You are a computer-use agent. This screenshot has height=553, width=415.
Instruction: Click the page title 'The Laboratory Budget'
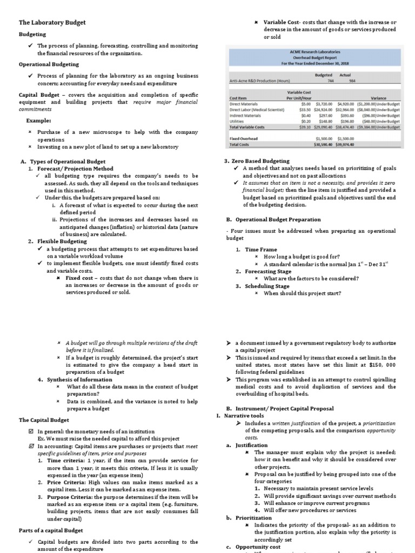tap(52, 22)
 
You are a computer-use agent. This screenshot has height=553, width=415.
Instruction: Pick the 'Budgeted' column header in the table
tap(323, 76)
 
